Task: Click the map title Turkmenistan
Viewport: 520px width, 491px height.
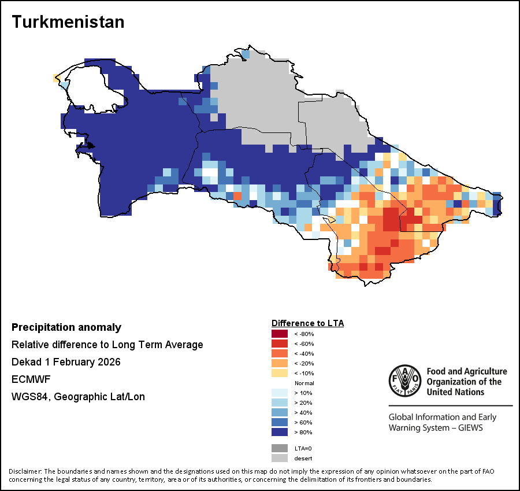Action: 68,22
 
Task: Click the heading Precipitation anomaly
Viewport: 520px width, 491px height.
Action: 66,327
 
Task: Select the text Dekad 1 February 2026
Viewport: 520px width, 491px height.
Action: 66,362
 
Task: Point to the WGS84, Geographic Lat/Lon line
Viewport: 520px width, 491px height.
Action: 78,397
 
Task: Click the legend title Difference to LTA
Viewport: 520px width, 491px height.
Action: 307,323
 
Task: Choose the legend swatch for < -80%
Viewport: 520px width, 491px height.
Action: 280,334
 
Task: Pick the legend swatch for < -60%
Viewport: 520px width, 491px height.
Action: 280,344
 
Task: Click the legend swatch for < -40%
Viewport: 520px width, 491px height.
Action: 280,353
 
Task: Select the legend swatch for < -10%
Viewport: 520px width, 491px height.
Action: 280,373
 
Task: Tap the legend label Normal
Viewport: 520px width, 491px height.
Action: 304,383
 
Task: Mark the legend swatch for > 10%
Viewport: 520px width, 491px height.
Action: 280,393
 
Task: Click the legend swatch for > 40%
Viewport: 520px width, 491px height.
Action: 280,412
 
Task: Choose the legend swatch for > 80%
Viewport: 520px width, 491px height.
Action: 280,432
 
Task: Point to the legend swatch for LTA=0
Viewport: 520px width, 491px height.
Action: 280,448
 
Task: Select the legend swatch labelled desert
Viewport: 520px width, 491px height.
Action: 280,458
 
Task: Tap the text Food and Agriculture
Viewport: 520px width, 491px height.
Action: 466,371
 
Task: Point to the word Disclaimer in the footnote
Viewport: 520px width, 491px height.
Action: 25,471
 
